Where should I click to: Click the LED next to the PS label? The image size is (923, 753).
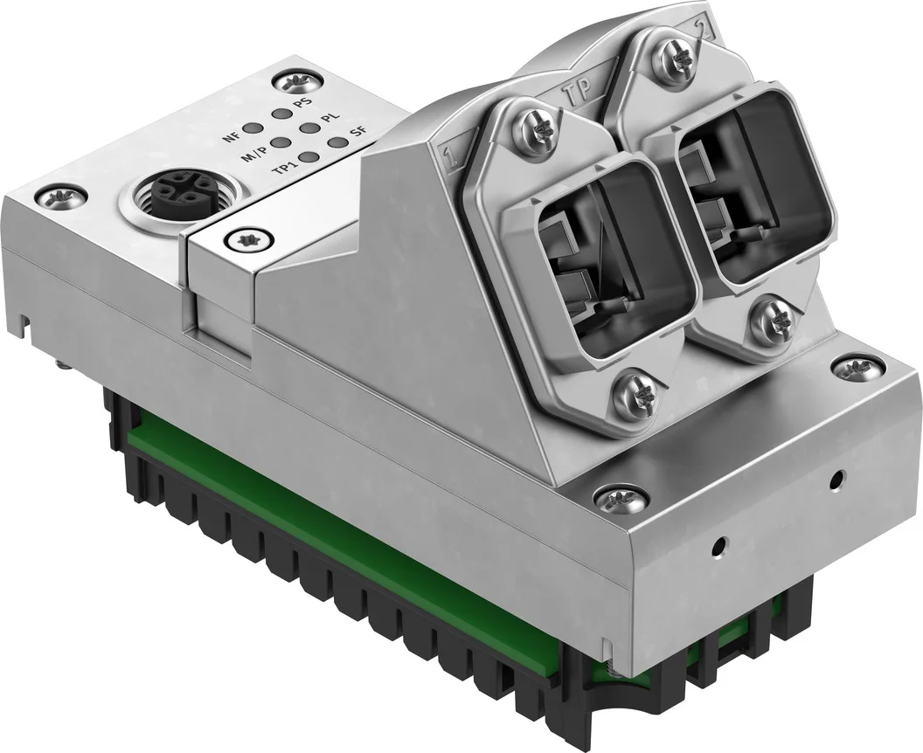coord(282,113)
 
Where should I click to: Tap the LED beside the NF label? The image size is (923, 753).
coord(253,128)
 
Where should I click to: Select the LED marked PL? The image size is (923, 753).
coord(308,128)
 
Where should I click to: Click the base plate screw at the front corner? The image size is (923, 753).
coord(609,499)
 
